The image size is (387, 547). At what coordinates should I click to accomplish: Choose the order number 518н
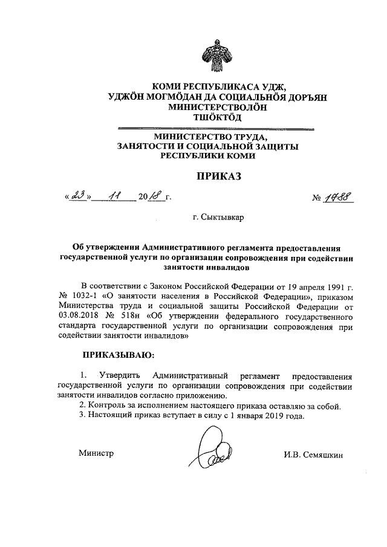coord(135,316)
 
